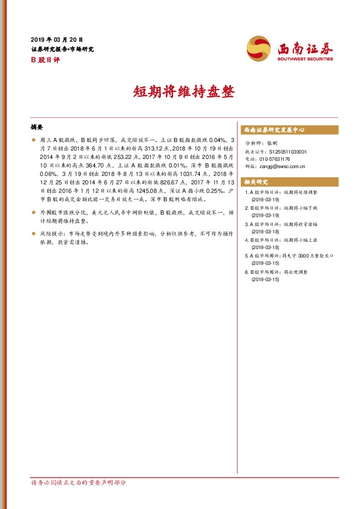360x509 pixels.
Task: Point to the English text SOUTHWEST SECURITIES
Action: pyautogui.click(x=305, y=59)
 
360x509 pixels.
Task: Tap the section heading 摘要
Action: pyautogui.click(x=37, y=128)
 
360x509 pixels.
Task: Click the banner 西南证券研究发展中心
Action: pyautogui.click(x=273, y=130)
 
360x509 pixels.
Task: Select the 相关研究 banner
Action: pyautogui.click(x=256, y=182)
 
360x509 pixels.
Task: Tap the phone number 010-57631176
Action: pyautogui.click(x=278, y=159)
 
